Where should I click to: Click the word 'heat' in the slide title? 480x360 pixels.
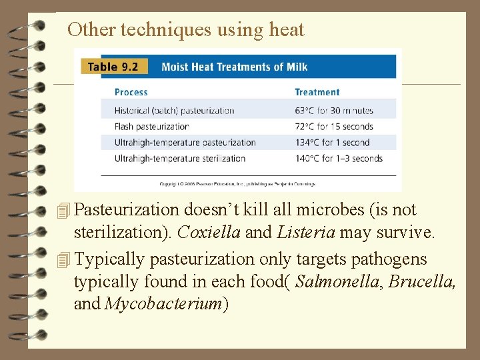pos(287,30)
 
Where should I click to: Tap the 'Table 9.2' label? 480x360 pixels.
pos(112,67)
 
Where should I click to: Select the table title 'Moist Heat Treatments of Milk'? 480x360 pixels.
pos(235,67)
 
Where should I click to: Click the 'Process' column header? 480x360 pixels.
pos(131,92)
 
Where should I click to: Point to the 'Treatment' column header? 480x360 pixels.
pos(317,92)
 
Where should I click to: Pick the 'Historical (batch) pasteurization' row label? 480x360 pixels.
pos(175,111)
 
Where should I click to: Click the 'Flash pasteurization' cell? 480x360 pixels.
pos(152,127)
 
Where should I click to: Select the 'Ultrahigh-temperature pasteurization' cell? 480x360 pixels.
pos(185,143)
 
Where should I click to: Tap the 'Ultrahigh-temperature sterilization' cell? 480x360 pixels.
pos(180,159)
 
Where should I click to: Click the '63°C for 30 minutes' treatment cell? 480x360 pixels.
pos(334,111)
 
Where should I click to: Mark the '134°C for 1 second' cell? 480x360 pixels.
pos(332,143)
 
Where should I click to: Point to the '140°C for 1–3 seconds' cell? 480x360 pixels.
pos(339,159)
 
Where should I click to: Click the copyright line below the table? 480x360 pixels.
pos(237,183)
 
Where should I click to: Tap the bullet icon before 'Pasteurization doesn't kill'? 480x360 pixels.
pos(63,211)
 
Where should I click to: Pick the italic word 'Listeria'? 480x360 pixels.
pos(308,233)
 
